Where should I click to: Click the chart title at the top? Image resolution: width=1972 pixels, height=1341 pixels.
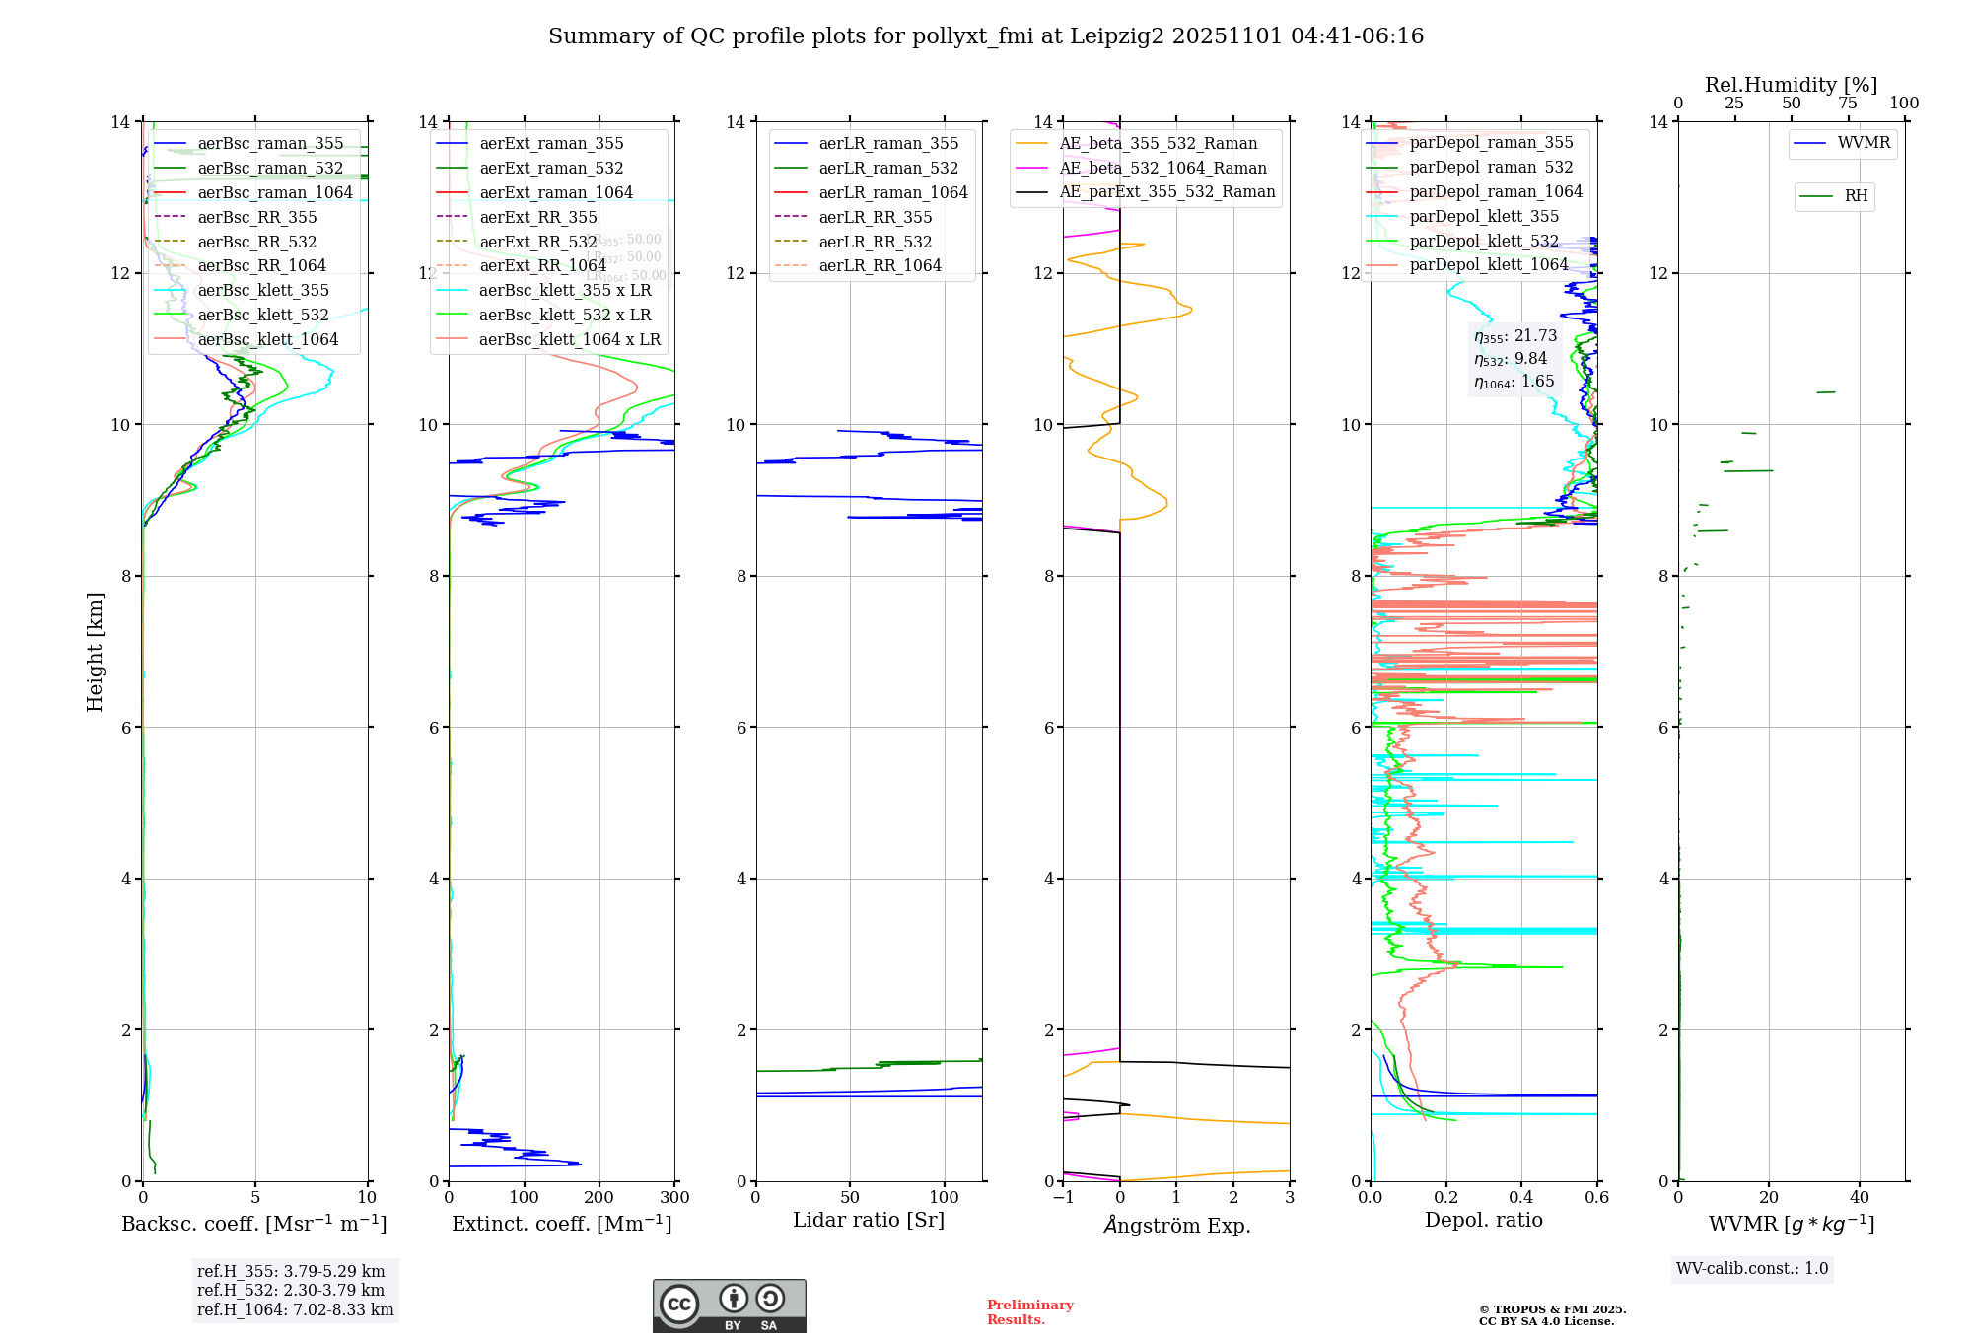(986, 36)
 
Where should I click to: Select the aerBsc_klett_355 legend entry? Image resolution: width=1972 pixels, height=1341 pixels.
(263, 291)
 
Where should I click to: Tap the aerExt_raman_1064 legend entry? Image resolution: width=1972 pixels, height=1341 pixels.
(556, 193)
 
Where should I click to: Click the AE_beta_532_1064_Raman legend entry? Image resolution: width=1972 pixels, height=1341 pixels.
(1162, 169)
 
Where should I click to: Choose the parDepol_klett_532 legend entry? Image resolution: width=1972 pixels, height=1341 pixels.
(1484, 242)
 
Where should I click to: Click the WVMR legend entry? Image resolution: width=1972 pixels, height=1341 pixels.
(1864, 144)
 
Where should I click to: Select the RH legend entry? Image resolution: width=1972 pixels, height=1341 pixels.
(1856, 196)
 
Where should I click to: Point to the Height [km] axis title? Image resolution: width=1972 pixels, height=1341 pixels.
(95, 651)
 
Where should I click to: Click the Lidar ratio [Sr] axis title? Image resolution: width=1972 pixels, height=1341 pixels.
(869, 1221)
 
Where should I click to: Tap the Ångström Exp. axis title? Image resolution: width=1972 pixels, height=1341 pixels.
(1176, 1226)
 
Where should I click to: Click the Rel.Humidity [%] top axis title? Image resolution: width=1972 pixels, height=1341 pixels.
(1791, 85)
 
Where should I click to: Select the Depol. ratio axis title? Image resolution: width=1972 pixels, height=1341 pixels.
(1483, 1221)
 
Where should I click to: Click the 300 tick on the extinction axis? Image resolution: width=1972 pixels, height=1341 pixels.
(674, 1198)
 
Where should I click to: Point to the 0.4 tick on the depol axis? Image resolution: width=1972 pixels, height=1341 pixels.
(1521, 1198)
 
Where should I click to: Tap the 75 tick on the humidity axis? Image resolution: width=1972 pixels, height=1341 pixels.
(1848, 104)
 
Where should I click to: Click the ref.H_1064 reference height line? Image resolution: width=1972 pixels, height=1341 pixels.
(295, 1310)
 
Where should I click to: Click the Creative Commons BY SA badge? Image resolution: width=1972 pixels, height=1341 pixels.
(729, 1306)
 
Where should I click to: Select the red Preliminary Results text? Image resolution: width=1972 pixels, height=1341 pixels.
(1029, 1312)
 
